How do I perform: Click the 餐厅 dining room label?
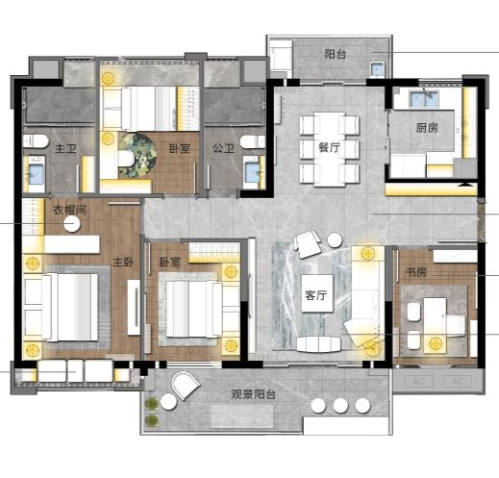tap(329, 148)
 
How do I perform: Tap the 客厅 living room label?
tap(316, 295)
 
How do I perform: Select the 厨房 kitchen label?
tap(427, 128)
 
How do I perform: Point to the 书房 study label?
tap(416, 272)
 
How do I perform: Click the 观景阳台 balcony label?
tap(254, 394)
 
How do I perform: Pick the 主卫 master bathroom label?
tap(66, 148)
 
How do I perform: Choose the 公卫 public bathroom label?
tap(223, 148)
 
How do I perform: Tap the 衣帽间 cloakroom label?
tap(70, 210)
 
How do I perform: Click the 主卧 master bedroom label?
tap(123, 263)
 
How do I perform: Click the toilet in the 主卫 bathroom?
tap(36, 141)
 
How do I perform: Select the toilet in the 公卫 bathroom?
tap(253, 141)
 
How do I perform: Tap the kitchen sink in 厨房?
tap(424, 98)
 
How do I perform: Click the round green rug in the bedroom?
tap(137, 156)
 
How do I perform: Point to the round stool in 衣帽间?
tap(72, 224)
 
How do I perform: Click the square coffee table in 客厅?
tap(317, 293)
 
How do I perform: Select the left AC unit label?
tap(419, 381)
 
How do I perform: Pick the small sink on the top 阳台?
tap(377, 69)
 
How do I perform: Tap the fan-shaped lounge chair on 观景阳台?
tap(186, 386)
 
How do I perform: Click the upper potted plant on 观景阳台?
tap(152, 403)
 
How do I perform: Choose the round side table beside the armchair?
tap(335, 240)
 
